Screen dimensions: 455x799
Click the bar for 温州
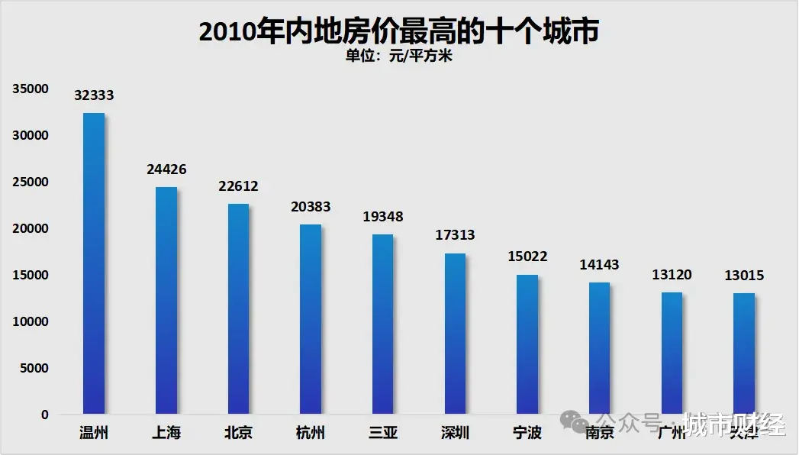point(94,263)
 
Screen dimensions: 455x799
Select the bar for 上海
point(166,300)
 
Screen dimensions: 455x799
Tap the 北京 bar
point(238,308)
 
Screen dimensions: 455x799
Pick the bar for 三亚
point(382,324)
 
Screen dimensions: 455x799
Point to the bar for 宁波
point(527,344)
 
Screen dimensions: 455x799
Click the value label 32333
point(94,95)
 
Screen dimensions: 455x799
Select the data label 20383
point(311,207)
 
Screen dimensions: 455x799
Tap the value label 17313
point(455,235)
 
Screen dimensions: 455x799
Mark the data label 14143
point(599,265)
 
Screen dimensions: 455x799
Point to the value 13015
point(744,276)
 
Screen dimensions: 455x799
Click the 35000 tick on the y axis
point(31,89)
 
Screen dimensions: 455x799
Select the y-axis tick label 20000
point(31,229)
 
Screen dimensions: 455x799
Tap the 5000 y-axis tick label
point(34,369)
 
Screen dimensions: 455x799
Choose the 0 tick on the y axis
point(44,415)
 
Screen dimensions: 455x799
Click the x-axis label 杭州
point(311,434)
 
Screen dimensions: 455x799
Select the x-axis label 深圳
point(455,434)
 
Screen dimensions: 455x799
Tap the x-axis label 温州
point(94,434)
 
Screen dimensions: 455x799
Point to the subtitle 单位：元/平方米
point(398,56)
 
